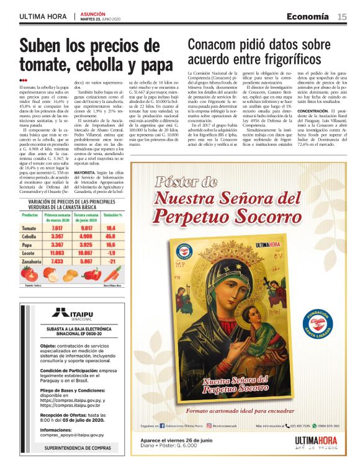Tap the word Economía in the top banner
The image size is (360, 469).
308,17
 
